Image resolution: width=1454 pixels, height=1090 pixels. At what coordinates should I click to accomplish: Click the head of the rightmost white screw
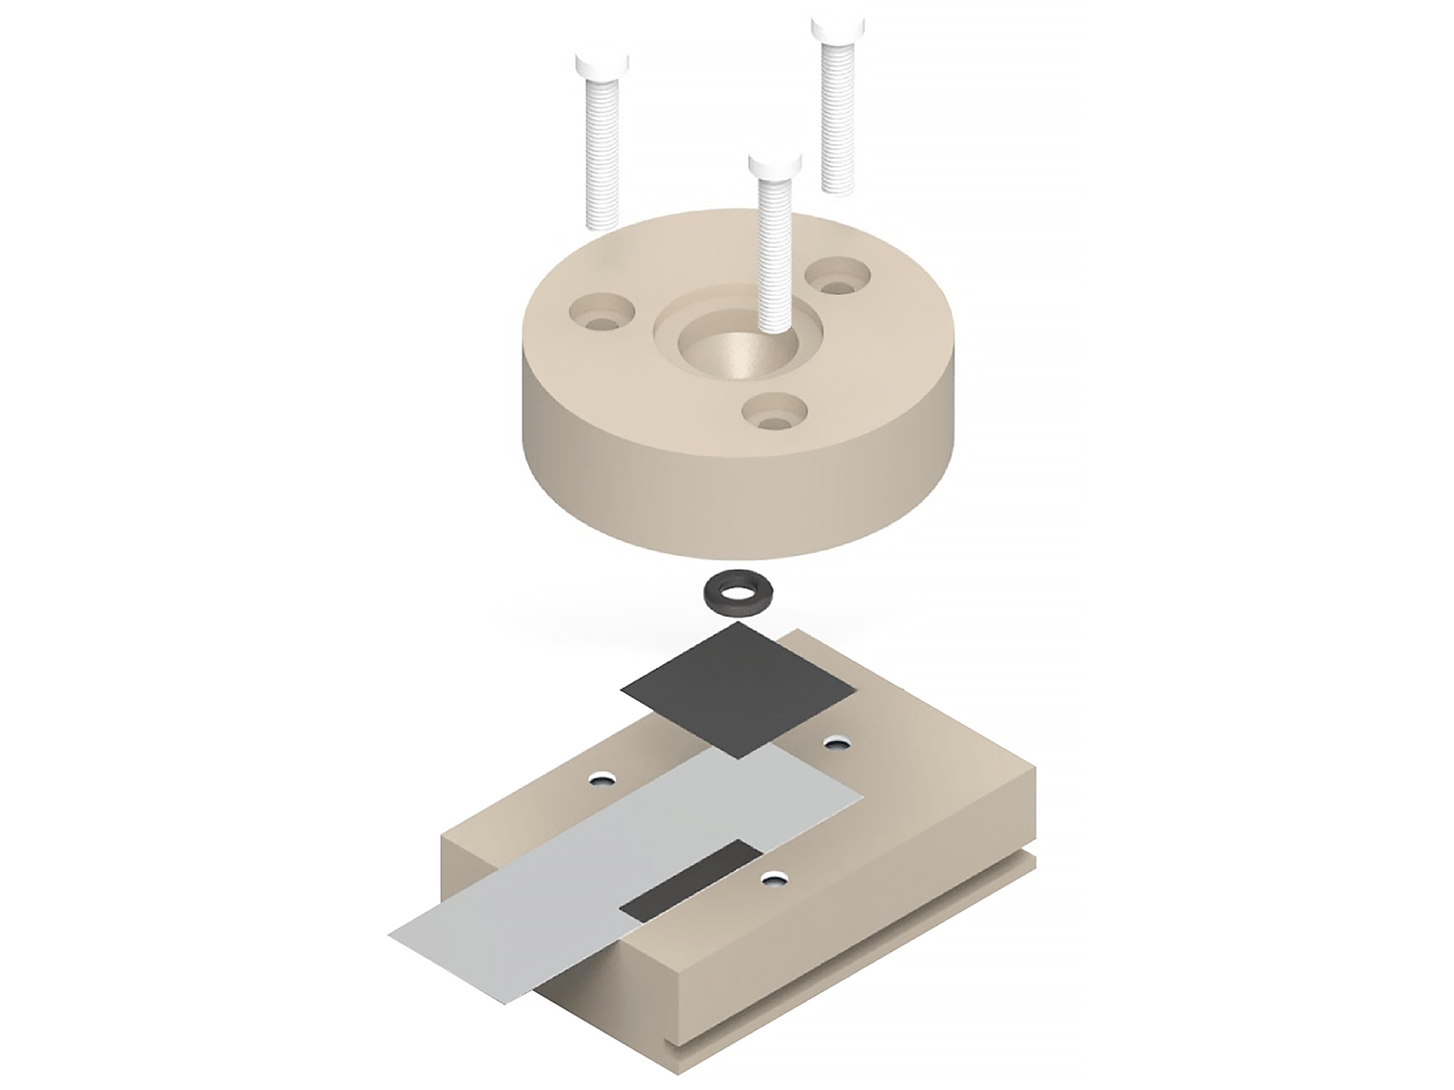[839, 26]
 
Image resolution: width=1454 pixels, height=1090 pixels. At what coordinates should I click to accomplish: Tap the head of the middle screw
[775, 166]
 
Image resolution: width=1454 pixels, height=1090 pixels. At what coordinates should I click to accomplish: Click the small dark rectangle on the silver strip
[692, 877]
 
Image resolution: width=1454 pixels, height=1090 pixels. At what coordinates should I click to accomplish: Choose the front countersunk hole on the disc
[773, 413]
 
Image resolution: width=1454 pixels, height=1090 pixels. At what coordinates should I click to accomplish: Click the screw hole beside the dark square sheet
[835, 744]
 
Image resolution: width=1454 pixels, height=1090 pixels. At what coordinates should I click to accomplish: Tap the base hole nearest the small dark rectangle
[774, 877]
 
